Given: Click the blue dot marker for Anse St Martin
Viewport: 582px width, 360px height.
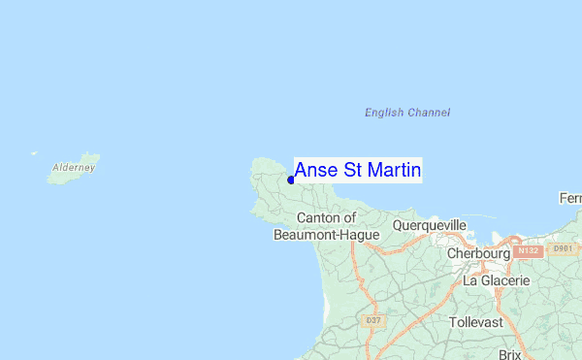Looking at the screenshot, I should [291, 180].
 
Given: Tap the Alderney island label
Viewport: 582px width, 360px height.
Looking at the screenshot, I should [74, 168].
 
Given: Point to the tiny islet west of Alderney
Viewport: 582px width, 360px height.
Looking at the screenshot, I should [34, 152].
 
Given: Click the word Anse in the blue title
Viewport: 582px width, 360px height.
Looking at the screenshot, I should [314, 171].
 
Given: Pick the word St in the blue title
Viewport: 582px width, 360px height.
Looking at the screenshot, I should [352, 171].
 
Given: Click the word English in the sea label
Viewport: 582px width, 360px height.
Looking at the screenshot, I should [384, 113].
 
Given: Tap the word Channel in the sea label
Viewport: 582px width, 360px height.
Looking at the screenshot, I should [429, 113].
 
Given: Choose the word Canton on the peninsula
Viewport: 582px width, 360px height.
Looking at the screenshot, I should [317, 217].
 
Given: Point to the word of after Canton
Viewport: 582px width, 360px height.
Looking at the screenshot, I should [349, 217].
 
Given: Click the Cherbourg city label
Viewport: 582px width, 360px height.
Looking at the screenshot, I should [479, 253].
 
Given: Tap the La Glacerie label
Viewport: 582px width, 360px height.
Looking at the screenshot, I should [497, 280].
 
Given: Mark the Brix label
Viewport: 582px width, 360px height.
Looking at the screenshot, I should [510, 354].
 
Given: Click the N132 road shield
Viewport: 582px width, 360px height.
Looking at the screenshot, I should [528, 250].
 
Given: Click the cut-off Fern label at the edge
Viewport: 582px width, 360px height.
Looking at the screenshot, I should [570, 199].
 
